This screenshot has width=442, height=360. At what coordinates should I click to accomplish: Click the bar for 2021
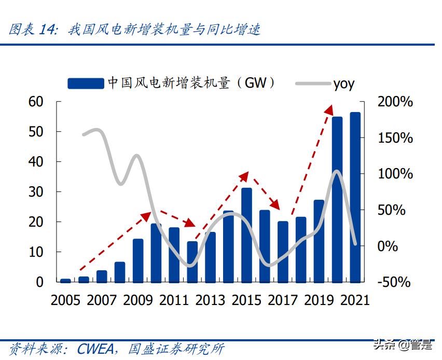(355, 197)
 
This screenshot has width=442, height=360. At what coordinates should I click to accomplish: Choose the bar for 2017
(283, 252)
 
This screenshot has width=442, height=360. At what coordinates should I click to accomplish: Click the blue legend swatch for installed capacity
(86, 83)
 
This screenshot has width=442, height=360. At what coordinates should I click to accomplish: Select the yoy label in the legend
(344, 84)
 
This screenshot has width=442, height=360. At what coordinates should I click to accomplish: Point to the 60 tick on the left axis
(37, 102)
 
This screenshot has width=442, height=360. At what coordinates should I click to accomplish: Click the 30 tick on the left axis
(37, 192)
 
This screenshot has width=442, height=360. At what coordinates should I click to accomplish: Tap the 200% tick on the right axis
(395, 102)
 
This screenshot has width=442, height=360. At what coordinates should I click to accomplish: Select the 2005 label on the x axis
(66, 300)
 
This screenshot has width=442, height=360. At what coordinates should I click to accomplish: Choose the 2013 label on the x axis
(210, 300)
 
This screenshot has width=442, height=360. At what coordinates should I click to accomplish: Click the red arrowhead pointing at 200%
(328, 109)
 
